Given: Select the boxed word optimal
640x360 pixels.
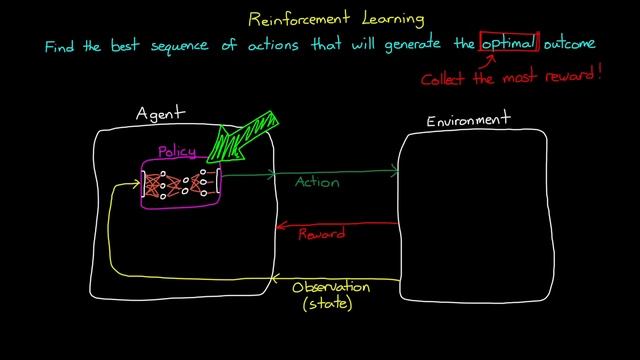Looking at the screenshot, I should tap(509, 43).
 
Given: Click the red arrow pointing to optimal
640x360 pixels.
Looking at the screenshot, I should tap(491, 62).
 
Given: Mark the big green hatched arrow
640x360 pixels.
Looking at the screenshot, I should tap(243, 138).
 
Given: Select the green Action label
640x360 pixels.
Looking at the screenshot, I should tap(317, 183).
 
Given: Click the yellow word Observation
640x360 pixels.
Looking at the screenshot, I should tap(330, 287).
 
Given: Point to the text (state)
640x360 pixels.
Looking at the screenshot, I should tap(328, 304).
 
